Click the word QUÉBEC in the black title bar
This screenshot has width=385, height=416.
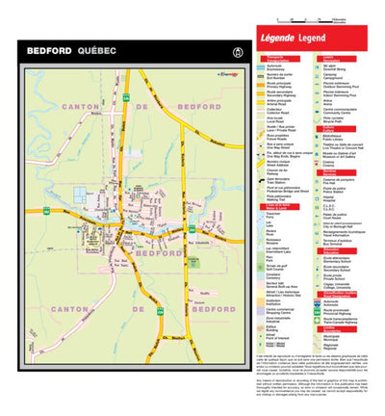(x=97, y=49)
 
